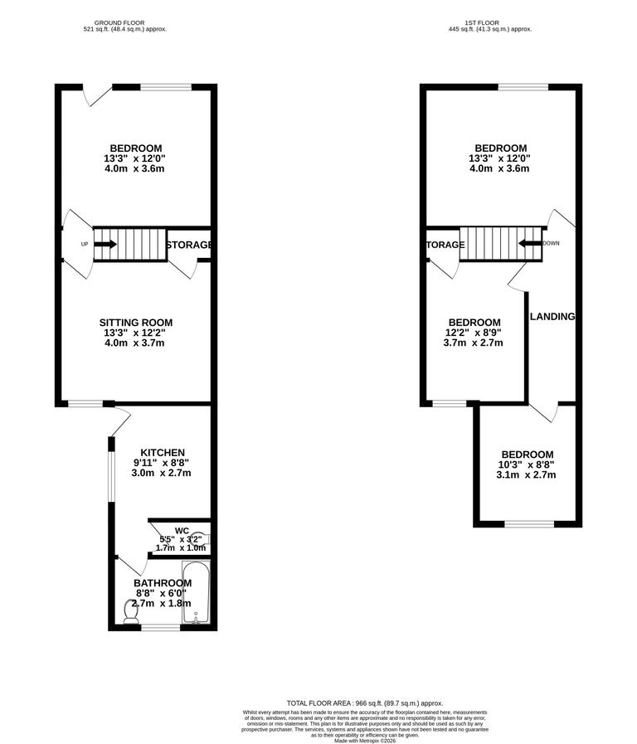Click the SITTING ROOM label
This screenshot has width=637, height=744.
pyautogui.click(x=136, y=323)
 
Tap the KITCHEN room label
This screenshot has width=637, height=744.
pyautogui.click(x=162, y=452)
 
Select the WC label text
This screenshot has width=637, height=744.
pyautogui.click(x=182, y=530)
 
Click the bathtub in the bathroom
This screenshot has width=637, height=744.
pyautogui.click(x=197, y=592)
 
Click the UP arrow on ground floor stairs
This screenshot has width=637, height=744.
pyautogui.click(x=105, y=245)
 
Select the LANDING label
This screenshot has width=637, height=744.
pyautogui.click(x=552, y=317)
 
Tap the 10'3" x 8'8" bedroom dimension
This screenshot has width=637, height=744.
pyautogui.click(x=526, y=465)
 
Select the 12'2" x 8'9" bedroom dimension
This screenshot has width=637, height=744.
pyautogui.click(x=474, y=333)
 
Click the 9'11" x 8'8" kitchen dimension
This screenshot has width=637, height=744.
pyautogui.click(x=162, y=463)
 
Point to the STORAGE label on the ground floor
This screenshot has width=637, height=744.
pyautogui.click(x=189, y=246)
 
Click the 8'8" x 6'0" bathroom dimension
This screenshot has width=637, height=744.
pyautogui.click(x=163, y=594)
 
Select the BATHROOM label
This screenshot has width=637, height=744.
pyautogui.click(x=163, y=583)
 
